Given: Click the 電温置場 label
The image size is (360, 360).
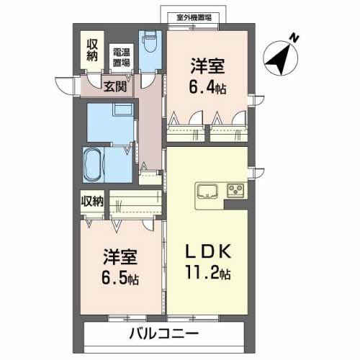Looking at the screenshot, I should [120, 57].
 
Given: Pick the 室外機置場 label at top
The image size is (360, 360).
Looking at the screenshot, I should [199, 17].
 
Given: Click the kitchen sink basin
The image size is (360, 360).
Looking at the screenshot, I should [207, 192].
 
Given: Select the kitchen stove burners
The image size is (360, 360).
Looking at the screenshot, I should [235, 192].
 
